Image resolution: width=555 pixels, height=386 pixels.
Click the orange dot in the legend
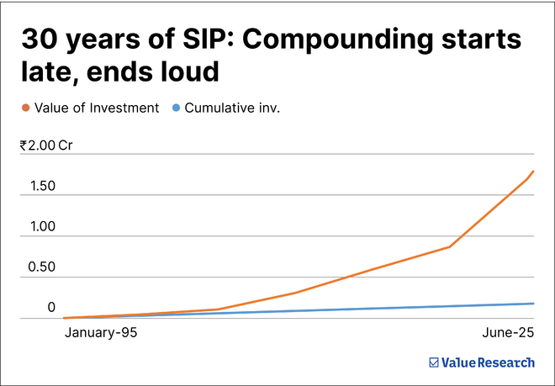tap(27, 108)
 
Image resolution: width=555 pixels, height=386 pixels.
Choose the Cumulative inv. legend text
tap(232, 108)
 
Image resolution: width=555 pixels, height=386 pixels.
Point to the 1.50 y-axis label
tap(40, 186)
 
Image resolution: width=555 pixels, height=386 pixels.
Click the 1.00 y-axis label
tap(40, 227)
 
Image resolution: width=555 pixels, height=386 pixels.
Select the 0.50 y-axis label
tap(40, 268)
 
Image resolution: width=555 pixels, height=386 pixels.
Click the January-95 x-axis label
tap(101, 334)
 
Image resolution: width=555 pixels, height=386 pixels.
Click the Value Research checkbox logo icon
tap(434, 362)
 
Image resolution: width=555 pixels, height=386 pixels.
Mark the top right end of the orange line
tap(533, 172)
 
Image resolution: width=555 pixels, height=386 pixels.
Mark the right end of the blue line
tap(533, 304)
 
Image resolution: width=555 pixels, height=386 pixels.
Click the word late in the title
tap(47, 72)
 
